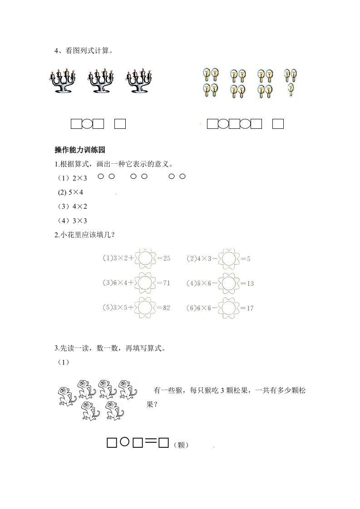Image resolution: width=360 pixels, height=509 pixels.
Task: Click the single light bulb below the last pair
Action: tap(291, 90)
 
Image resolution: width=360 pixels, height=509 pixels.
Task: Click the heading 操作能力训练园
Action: tap(79, 150)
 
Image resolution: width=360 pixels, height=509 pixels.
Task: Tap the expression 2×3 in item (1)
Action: tap(79, 179)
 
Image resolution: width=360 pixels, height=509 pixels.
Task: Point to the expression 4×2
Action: tap(79, 206)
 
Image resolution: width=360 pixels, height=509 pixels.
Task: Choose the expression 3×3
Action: tap(79, 220)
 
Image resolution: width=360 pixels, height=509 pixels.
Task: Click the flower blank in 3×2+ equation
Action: tap(145, 259)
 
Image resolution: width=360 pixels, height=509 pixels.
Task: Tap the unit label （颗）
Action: tap(181, 445)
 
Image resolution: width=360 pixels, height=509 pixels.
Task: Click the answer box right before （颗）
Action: tap(164, 442)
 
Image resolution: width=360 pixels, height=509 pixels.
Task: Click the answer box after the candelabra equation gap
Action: tap(120, 123)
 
